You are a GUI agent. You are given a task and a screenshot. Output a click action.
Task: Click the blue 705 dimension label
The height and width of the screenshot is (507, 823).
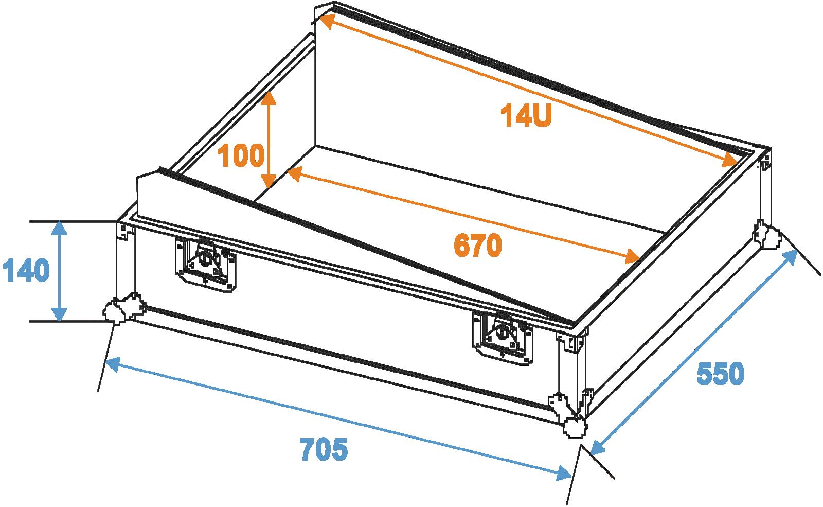pos(324,449)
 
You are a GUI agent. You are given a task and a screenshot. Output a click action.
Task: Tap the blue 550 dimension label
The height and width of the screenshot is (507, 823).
pos(721,374)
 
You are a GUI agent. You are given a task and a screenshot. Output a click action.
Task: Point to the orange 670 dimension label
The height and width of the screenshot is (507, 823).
pos(478,245)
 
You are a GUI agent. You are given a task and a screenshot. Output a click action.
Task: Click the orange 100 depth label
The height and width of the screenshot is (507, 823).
pos(241,155)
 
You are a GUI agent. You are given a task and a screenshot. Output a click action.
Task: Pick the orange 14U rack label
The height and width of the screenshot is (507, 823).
pos(526,115)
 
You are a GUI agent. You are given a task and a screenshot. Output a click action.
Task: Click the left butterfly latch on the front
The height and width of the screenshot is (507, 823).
pos(205,265)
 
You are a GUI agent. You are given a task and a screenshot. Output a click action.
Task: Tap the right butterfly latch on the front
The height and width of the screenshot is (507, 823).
pos(502,338)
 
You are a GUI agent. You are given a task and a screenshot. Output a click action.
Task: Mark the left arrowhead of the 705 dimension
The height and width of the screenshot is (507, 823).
pos(113,363)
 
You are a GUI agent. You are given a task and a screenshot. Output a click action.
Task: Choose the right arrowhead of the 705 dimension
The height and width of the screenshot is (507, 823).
pos(563,473)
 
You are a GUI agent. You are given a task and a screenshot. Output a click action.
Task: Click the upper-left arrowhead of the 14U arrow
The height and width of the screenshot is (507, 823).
pos(329,21)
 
